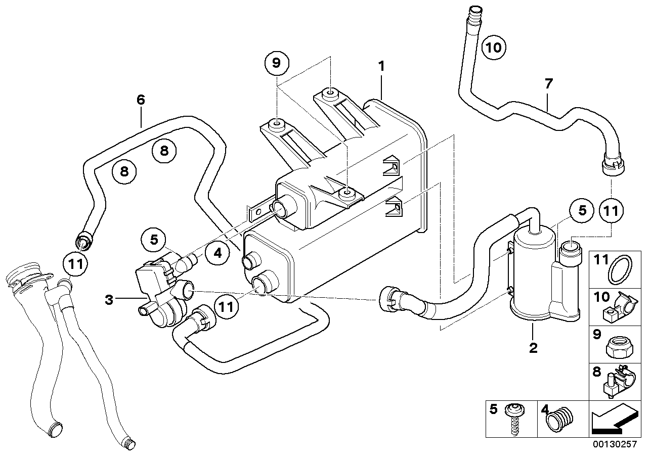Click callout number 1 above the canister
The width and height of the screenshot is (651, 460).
[x=382, y=66]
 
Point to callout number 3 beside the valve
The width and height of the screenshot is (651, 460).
[x=108, y=300]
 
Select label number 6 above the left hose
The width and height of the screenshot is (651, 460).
[x=141, y=100]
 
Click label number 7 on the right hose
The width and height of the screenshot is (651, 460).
[x=549, y=83]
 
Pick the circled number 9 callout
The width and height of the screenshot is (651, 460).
[x=276, y=63]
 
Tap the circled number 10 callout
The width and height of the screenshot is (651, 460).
[x=494, y=48]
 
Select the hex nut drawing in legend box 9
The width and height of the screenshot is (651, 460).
[x=619, y=347]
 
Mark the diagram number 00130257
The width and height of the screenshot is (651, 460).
[x=617, y=447]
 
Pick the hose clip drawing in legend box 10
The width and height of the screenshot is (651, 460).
[x=619, y=308]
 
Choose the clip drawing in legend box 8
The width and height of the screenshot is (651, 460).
[x=618, y=384]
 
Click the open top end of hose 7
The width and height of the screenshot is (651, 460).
[x=475, y=9]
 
